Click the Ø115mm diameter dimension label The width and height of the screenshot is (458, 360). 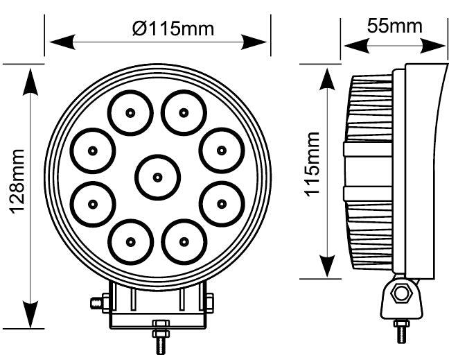[x=173, y=28]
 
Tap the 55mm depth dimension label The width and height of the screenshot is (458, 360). [x=394, y=26]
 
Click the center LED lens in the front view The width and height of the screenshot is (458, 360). [x=157, y=177]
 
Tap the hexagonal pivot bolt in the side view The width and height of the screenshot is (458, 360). [x=400, y=293]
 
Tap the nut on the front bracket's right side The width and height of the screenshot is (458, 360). [x=209, y=302]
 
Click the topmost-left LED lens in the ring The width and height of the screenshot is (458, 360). [x=130, y=112]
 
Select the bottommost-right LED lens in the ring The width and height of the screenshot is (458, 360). [x=184, y=241]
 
